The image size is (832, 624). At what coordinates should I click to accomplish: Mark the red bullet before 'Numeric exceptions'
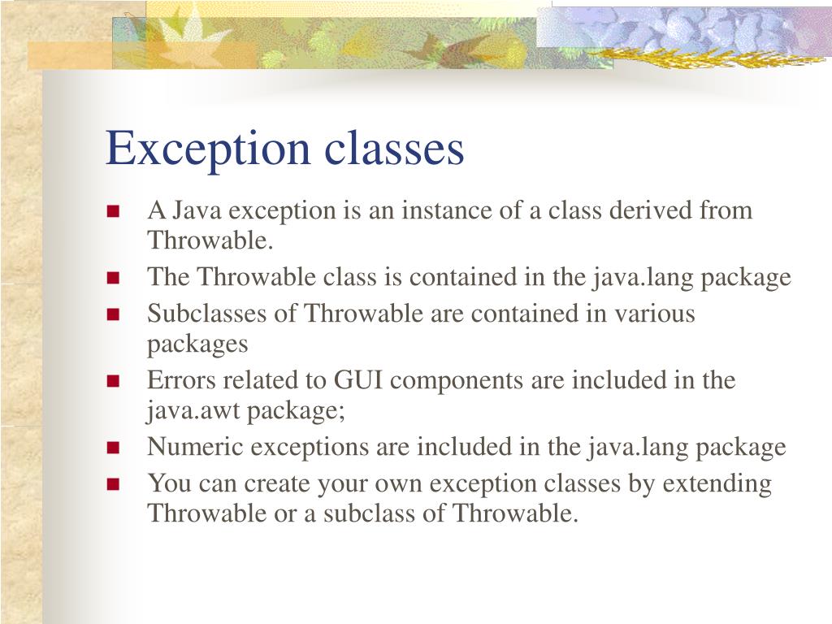(113, 448)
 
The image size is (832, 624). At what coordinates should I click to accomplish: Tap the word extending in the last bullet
(717, 484)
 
